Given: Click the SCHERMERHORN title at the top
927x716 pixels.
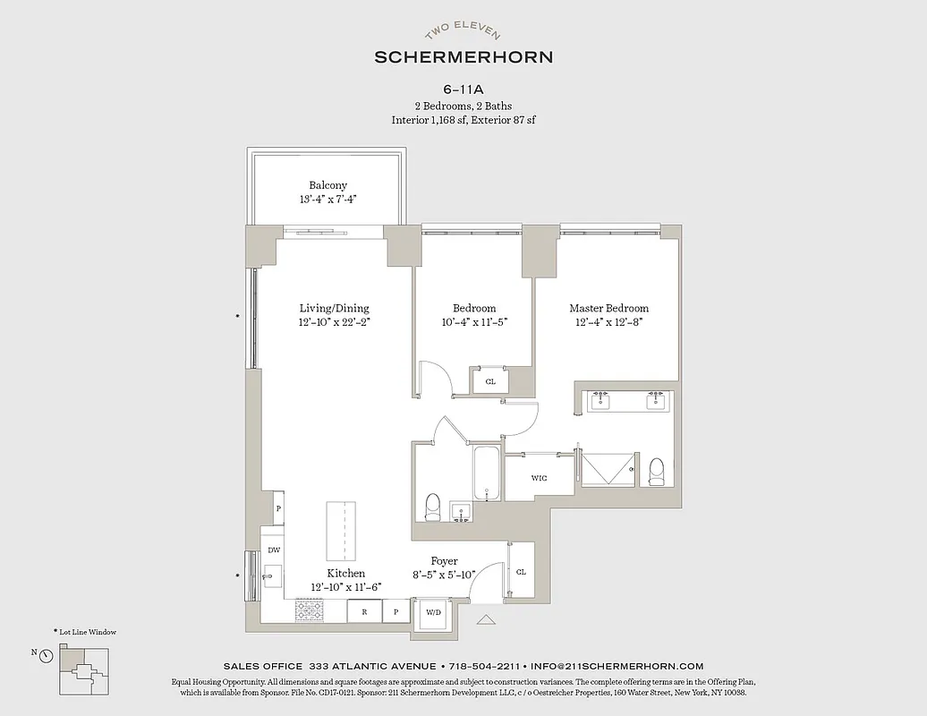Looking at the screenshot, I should tap(463, 56).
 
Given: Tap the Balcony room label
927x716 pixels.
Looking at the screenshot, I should tap(327, 185).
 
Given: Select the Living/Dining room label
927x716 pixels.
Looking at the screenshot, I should tap(333, 308).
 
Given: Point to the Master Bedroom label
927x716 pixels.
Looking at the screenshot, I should tap(608, 308).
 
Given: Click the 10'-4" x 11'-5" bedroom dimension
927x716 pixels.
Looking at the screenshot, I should tap(474, 322).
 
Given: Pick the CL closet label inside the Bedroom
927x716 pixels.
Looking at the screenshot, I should tap(490, 380).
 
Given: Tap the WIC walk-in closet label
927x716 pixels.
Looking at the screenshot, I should tap(539, 478).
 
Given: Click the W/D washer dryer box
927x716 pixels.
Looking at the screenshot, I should tap(432, 613).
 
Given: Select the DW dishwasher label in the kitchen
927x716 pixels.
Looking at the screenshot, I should tap(273, 550).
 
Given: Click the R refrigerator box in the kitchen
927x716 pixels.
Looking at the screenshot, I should tap(364, 613).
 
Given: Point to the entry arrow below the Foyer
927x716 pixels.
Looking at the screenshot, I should tap(486, 619).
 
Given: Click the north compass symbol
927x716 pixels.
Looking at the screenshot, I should tap(46, 655).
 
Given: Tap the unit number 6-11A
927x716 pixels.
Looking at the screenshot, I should tap(463, 89).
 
